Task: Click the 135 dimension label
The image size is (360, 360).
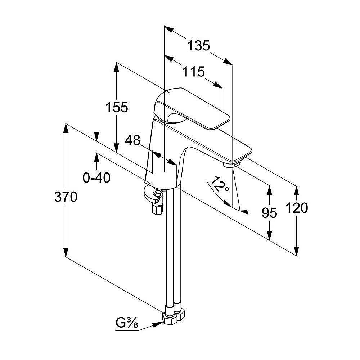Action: (199, 45)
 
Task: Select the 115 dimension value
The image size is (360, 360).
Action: (193, 72)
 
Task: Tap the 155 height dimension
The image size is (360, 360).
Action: (117, 107)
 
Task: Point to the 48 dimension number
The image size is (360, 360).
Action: (132, 140)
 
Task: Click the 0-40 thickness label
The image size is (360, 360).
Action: (96, 177)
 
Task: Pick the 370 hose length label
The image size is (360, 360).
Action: (66, 197)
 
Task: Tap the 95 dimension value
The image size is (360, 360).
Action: (269, 213)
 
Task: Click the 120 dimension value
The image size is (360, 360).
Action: (297, 208)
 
